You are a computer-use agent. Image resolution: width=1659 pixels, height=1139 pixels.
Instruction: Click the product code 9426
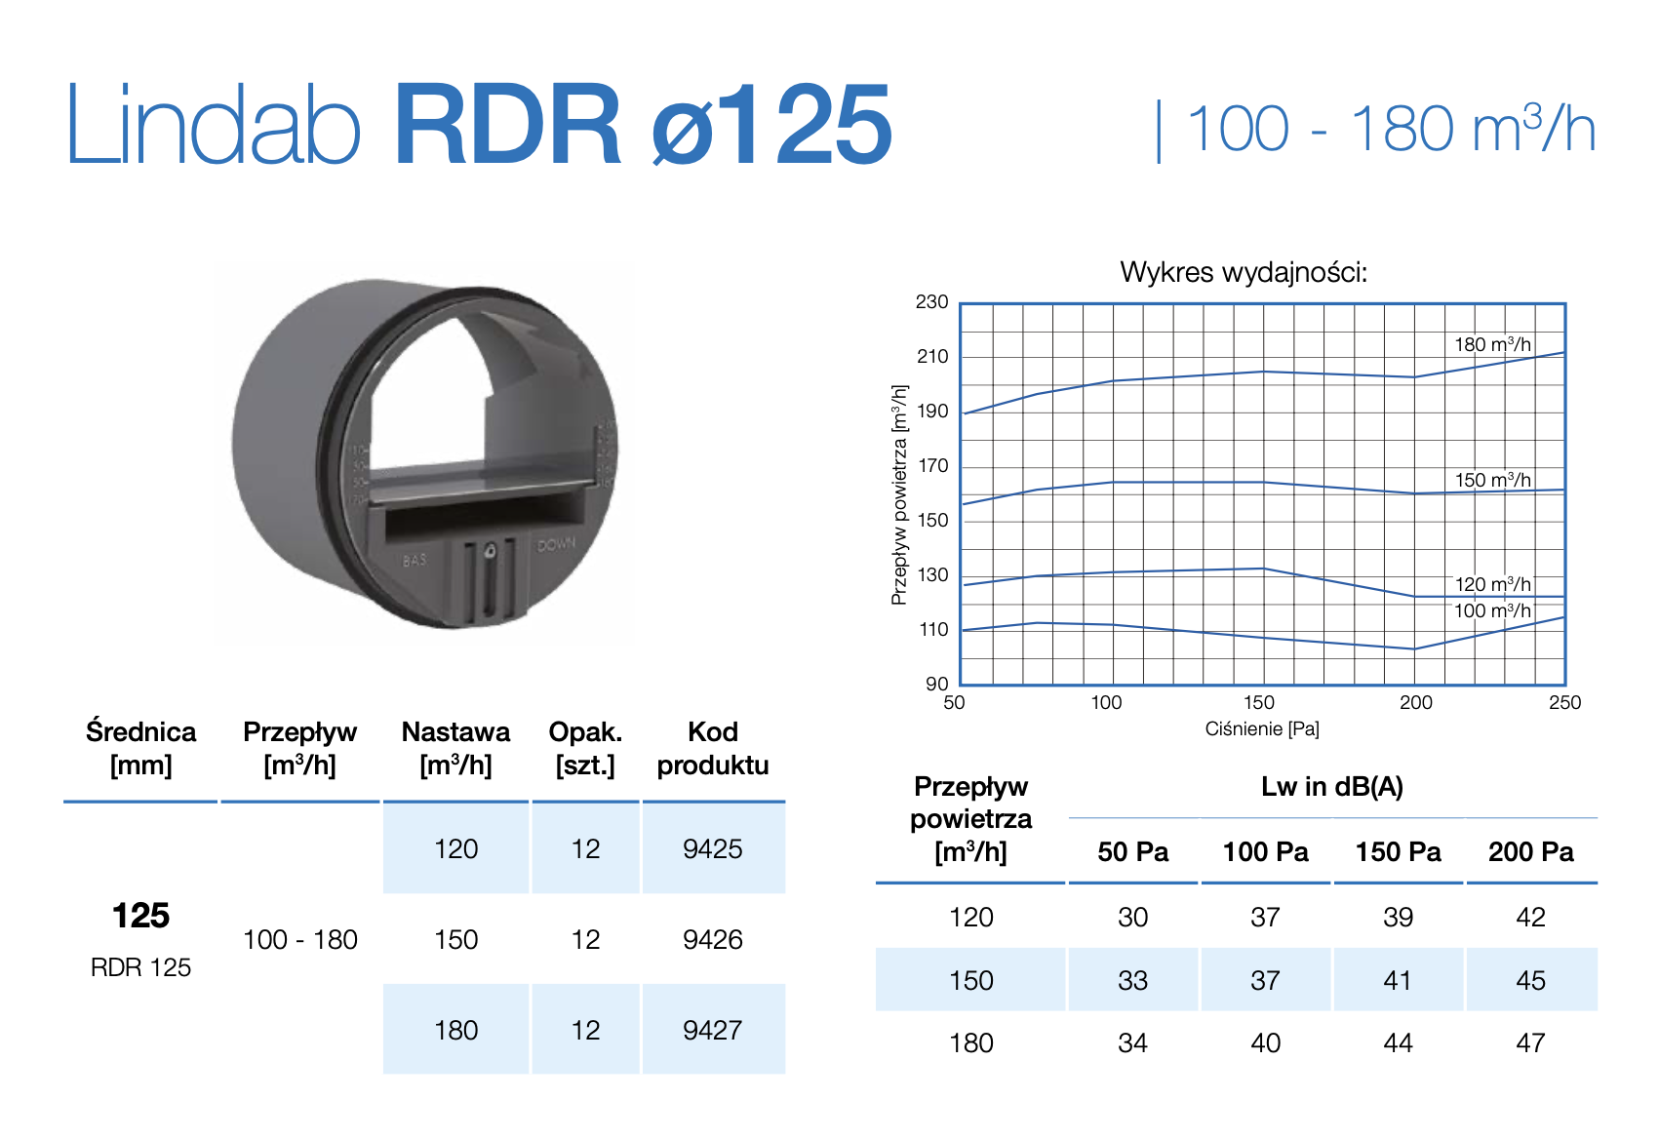[x=712, y=939]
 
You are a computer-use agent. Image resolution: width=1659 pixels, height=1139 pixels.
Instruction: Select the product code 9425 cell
[x=712, y=848]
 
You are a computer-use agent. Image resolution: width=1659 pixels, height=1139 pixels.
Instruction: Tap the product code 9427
[x=712, y=1030]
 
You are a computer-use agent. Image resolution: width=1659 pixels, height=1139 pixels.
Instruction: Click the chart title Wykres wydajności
[x=1244, y=272]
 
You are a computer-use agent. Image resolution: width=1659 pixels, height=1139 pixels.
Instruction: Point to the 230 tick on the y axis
[x=931, y=302]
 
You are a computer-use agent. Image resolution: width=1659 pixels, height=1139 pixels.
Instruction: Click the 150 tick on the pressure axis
[x=1258, y=702]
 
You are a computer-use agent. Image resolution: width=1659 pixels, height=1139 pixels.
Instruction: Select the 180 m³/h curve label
[x=1492, y=344]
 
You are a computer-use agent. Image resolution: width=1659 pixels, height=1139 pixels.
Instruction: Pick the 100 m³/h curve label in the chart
[x=1492, y=610]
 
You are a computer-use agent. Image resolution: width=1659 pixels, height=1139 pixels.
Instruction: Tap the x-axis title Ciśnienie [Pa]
[x=1262, y=728]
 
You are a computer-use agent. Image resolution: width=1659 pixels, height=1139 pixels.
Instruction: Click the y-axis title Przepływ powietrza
[x=899, y=494]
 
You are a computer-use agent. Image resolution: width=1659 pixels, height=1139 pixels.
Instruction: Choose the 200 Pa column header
[x=1530, y=851]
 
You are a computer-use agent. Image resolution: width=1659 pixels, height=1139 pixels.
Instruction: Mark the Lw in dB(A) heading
[x=1331, y=787]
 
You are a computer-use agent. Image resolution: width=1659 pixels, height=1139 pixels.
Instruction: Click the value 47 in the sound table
[x=1530, y=1042]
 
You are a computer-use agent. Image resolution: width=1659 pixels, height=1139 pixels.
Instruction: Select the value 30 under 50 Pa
[x=1132, y=917]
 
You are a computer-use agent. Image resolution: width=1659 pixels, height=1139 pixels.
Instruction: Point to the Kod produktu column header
[x=712, y=748]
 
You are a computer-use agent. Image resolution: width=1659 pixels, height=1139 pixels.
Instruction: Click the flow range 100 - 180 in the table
[x=299, y=939]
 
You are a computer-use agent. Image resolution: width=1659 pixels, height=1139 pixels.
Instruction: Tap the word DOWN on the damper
[x=556, y=544]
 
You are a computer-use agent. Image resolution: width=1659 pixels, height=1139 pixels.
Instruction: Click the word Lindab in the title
[x=213, y=127]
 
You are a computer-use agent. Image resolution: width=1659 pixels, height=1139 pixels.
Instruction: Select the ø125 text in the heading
[x=771, y=127]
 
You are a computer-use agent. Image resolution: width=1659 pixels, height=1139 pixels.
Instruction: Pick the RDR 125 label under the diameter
[x=140, y=967]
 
